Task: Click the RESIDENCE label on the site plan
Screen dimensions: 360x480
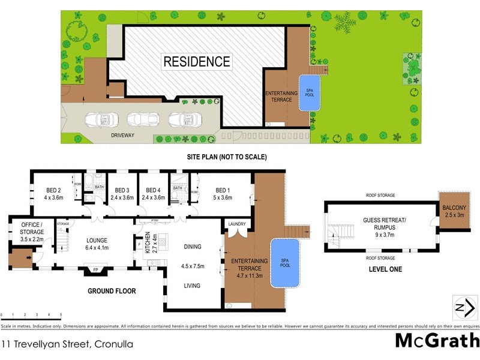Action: click(197, 61)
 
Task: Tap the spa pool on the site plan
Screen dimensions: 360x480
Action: click(308, 92)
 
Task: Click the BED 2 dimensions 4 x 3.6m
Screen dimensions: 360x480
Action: click(53, 197)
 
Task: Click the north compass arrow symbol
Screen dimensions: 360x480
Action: click(460, 308)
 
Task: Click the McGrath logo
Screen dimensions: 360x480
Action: click(436, 340)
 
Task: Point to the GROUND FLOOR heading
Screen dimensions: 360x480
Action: click(112, 291)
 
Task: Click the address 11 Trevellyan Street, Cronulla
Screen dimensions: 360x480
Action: click(67, 344)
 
